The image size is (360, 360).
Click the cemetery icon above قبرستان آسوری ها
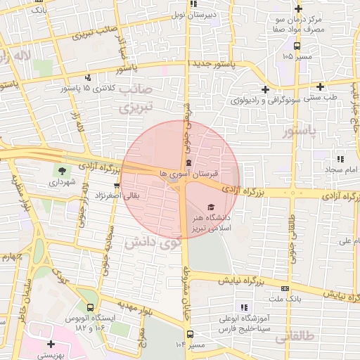188,163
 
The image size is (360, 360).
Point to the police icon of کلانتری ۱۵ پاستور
88,77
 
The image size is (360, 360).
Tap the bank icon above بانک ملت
284,289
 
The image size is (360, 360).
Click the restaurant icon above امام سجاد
341,159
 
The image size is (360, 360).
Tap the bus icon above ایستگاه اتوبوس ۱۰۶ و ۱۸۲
89,307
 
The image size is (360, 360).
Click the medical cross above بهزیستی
51,345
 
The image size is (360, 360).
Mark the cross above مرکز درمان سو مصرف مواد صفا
298,8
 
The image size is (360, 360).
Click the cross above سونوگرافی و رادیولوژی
265,89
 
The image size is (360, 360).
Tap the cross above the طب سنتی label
320,86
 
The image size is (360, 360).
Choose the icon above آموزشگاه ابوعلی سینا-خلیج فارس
244,307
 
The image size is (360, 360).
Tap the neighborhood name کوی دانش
152,244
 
